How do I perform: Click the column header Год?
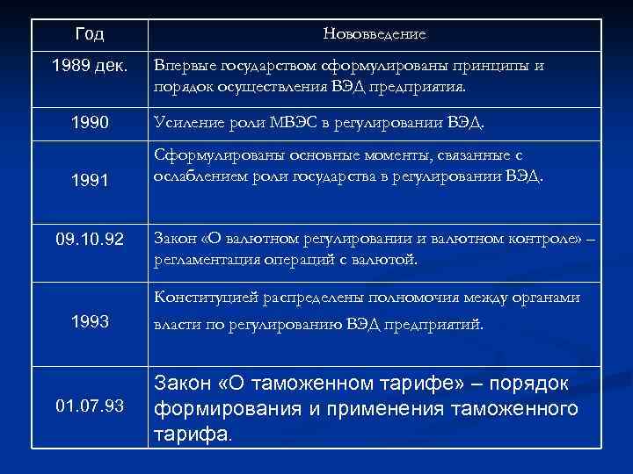[90, 34]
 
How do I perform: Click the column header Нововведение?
[375, 34]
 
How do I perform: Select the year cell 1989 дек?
[90, 67]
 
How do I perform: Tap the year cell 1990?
[90, 120]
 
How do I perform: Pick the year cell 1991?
[90, 180]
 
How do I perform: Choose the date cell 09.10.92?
[90, 238]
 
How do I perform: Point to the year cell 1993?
[90, 322]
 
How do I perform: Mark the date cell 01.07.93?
[90, 406]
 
